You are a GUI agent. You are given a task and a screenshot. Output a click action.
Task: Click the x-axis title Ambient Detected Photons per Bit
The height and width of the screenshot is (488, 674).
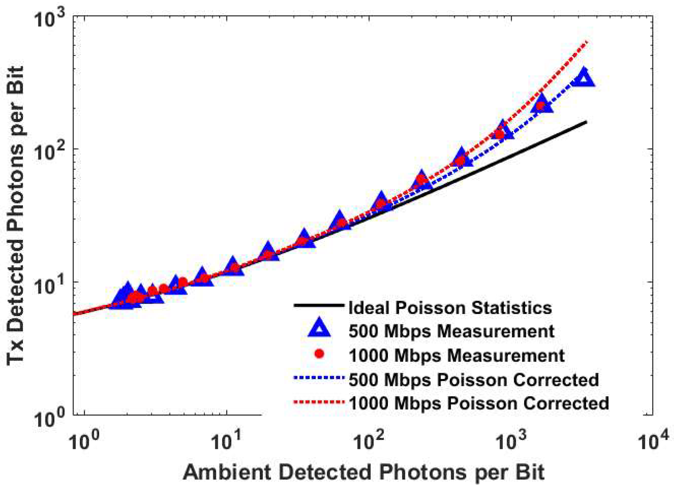click(x=363, y=472)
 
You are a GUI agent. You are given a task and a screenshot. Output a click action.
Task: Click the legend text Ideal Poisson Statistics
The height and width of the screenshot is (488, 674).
click(x=450, y=308)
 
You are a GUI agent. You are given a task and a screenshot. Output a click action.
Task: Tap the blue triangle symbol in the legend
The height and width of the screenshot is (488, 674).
click(x=319, y=328)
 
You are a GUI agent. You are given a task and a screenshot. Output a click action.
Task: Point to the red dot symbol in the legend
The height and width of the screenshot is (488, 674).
click(x=319, y=354)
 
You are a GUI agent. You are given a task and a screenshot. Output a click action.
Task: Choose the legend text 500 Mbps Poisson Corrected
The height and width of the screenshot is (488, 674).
click(x=474, y=380)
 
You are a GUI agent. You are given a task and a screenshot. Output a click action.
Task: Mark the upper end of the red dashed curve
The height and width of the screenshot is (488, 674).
click(x=586, y=42)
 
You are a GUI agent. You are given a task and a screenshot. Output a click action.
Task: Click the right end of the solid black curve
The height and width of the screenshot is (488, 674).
click(x=586, y=122)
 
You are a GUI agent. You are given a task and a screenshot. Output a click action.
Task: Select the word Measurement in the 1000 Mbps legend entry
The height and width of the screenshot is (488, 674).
click(x=506, y=355)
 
